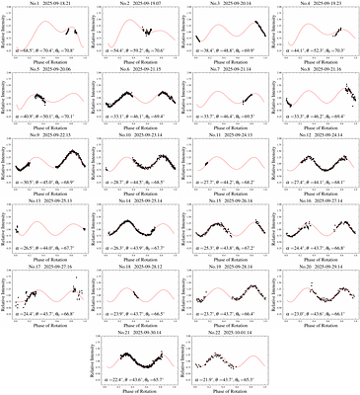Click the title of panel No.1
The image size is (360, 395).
(49, 6)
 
